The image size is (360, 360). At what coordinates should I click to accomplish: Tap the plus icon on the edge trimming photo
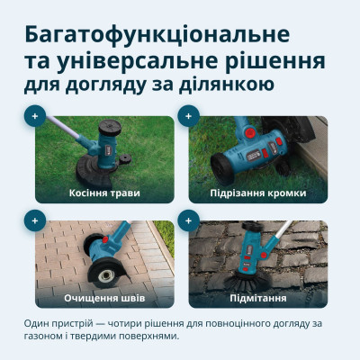tap(188, 115)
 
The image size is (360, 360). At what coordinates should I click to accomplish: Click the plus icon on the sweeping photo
tap(188, 220)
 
